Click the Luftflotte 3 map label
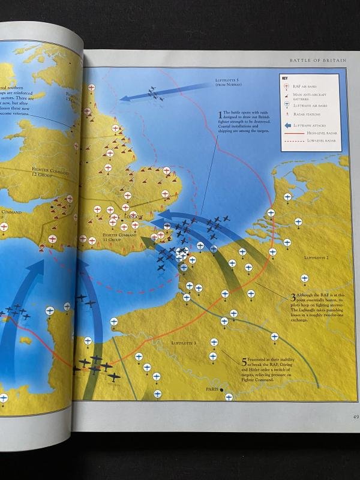[x=183, y=343]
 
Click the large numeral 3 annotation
[x=293, y=296]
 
